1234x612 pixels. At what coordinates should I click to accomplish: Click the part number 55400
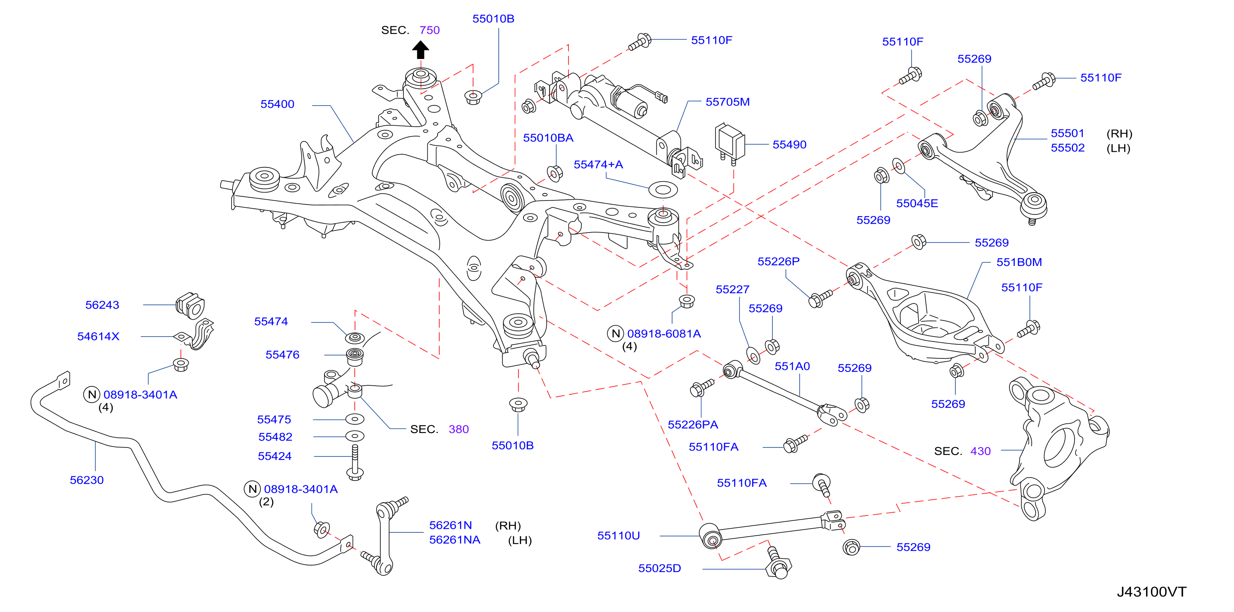click(x=277, y=104)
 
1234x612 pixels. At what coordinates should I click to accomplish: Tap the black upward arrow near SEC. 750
click(x=421, y=50)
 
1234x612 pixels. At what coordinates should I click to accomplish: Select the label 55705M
click(x=728, y=102)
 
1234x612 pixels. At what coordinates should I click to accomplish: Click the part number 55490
click(x=789, y=144)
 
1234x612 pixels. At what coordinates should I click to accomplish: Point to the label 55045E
click(x=917, y=203)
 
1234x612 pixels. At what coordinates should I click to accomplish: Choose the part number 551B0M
click(x=1019, y=262)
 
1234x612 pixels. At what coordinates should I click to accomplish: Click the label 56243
click(x=102, y=305)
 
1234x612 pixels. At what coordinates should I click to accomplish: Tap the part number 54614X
click(x=98, y=337)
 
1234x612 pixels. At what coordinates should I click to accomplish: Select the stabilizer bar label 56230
click(x=87, y=480)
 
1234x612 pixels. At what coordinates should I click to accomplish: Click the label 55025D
click(x=660, y=568)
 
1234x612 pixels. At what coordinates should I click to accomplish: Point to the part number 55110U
click(x=618, y=535)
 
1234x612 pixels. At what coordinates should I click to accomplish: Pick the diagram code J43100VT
click(x=1151, y=592)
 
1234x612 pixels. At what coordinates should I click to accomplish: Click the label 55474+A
click(x=598, y=165)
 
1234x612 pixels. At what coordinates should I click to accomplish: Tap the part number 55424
click(x=275, y=456)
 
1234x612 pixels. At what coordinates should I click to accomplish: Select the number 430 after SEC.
click(x=980, y=451)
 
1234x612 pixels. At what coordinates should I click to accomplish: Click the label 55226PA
click(x=693, y=424)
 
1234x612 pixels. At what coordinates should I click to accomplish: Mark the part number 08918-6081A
click(x=664, y=334)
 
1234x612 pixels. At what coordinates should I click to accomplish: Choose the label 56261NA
click(x=455, y=540)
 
